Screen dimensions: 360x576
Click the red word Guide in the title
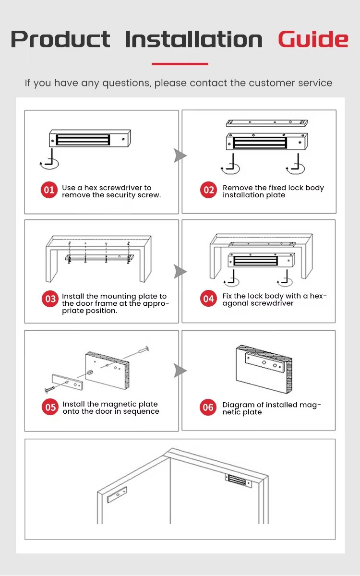click(x=313, y=39)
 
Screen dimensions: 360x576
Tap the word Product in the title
click(x=60, y=39)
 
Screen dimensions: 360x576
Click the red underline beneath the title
click(x=180, y=64)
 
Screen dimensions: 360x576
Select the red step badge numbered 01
click(x=49, y=190)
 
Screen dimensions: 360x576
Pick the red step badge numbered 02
click(x=208, y=190)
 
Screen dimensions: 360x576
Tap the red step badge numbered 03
click(x=50, y=299)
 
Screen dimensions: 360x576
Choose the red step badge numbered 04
click(x=208, y=299)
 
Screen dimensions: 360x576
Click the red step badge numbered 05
click(x=50, y=407)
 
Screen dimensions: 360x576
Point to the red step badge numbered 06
click(x=208, y=408)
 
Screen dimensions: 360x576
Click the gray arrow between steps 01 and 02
click(x=180, y=156)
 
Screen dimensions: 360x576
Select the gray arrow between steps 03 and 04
click(x=180, y=272)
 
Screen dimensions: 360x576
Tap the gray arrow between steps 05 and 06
click(x=180, y=370)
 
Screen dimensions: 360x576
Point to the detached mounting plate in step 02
click(x=267, y=123)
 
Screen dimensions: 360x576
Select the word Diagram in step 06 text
click(x=239, y=405)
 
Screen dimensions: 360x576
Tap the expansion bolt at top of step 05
click(x=144, y=350)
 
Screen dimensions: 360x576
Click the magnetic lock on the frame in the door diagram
click(x=238, y=481)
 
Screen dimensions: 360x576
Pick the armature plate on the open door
click(x=117, y=494)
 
